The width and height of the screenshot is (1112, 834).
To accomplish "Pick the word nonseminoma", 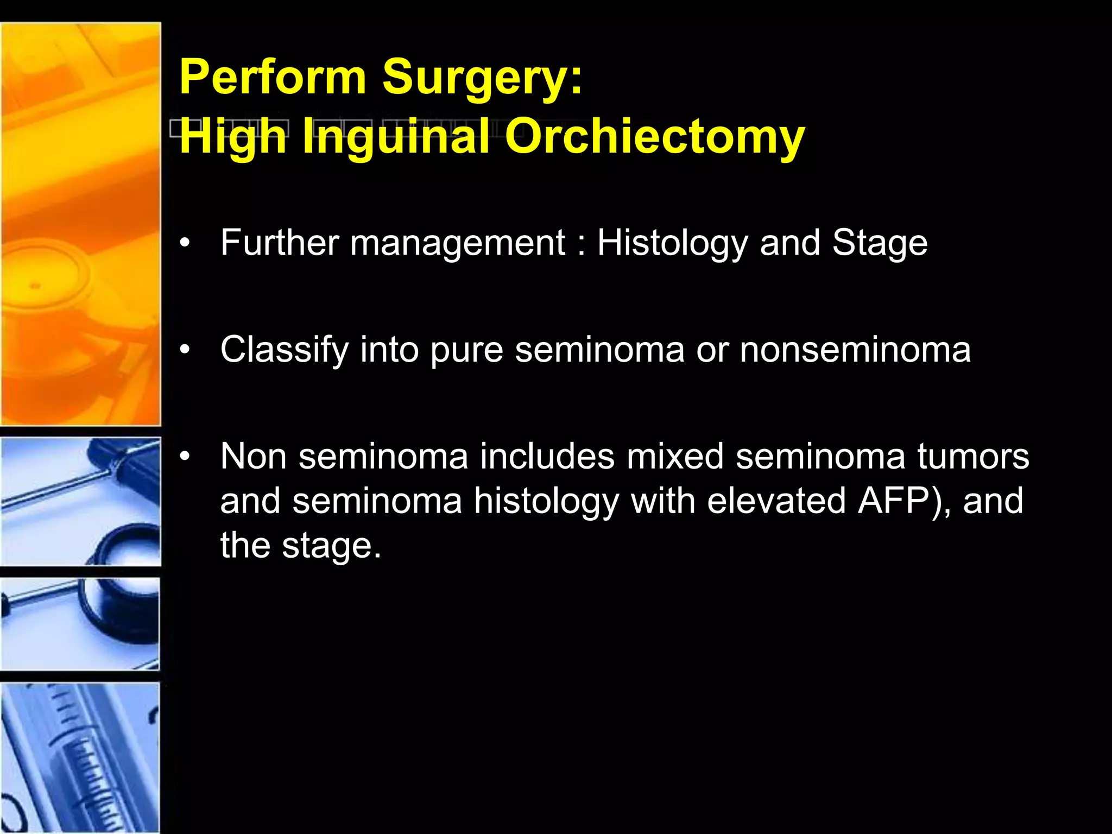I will coord(855,349).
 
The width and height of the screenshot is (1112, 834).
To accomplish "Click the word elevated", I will coord(776,500).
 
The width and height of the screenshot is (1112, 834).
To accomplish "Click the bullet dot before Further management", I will coord(185,243).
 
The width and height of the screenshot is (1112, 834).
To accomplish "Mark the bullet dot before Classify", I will coord(185,350).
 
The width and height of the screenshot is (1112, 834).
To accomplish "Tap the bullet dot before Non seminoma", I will coord(185,456).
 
